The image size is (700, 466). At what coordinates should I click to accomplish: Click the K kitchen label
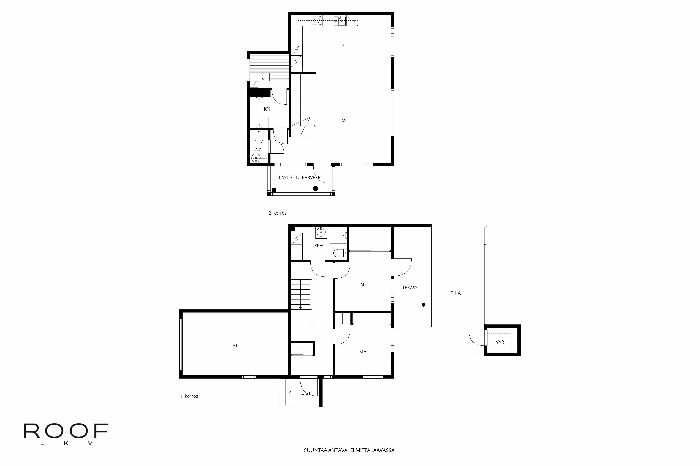click(342, 44)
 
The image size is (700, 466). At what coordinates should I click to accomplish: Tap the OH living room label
click(345, 120)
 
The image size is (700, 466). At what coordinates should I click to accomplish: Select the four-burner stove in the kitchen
click(317, 20)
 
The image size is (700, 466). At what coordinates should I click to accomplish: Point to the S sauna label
click(263, 80)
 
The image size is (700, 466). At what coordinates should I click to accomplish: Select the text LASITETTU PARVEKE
click(299, 178)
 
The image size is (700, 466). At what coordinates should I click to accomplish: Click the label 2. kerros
click(277, 213)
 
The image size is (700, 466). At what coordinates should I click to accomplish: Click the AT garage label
click(235, 346)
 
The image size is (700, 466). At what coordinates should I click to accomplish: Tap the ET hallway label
click(312, 324)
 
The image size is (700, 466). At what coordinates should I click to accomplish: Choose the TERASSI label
click(410, 288)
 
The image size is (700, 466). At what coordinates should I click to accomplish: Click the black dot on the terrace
click(423, 305)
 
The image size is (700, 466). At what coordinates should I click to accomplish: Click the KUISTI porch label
click(305, 393)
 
